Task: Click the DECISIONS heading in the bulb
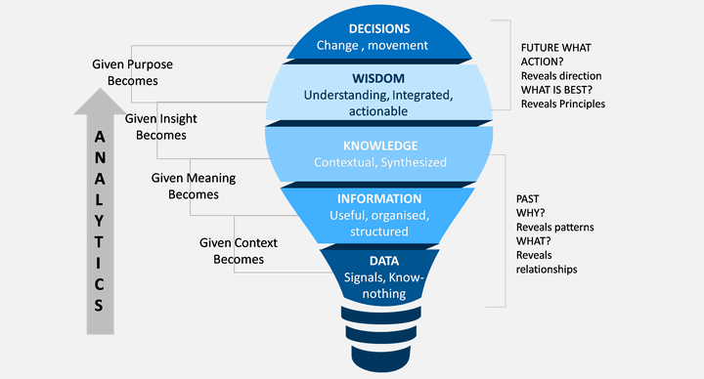(x=379, y=28)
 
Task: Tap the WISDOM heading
(x=378, y=78)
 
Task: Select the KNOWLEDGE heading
(x=380, y=146)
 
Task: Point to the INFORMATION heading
(x=379, y=198)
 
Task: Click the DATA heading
(x=384, y=261)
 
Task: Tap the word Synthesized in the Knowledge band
(x=414, y=162)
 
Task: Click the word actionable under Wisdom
(x=378, y=111)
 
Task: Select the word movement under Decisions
(x=398, y=45)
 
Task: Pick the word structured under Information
(x=379, y=232)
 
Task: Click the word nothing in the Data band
(x=384, y=294)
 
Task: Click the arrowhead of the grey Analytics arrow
(x=100, y=102)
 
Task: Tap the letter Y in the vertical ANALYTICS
(x=99, y=221)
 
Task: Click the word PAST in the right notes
(x=528, y=198)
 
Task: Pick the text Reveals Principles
(x=563, y=105)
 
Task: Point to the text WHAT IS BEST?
(x=556, y=90)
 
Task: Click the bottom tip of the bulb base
(x=380, y=372)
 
